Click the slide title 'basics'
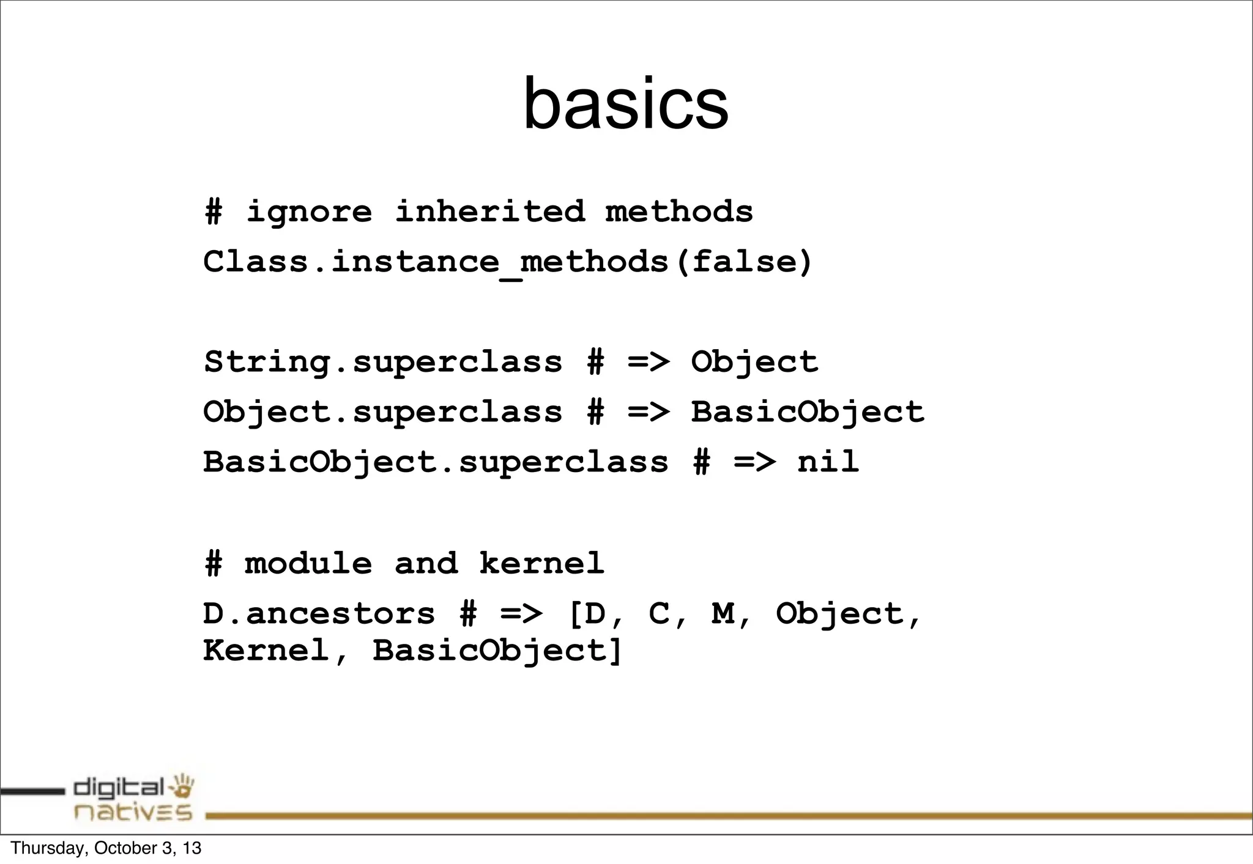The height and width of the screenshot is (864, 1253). click(625, 104)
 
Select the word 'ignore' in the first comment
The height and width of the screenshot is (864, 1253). click(309, 212)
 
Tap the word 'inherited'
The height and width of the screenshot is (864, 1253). click(489, 212)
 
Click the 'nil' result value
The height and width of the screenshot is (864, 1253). click(828, 462)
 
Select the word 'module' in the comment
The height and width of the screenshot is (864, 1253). click(308, 563)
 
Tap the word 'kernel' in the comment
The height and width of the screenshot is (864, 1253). click(541, 563)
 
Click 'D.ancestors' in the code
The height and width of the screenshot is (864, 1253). click(319, 614)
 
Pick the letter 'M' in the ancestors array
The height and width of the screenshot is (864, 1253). click(723, 614)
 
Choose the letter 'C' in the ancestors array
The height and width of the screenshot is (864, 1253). click(659, 614)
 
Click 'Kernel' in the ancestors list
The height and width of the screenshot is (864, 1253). click(266, 650)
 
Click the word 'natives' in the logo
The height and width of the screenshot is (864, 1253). click(133, 812)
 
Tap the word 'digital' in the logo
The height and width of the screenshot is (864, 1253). click(119, 788)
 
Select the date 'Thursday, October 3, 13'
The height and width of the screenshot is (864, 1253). click(106, 848)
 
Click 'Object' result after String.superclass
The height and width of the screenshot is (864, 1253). click(754, 362)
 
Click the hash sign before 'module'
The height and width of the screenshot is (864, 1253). click(214, 563)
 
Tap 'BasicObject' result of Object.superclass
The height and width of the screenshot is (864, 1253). click(807, 412)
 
